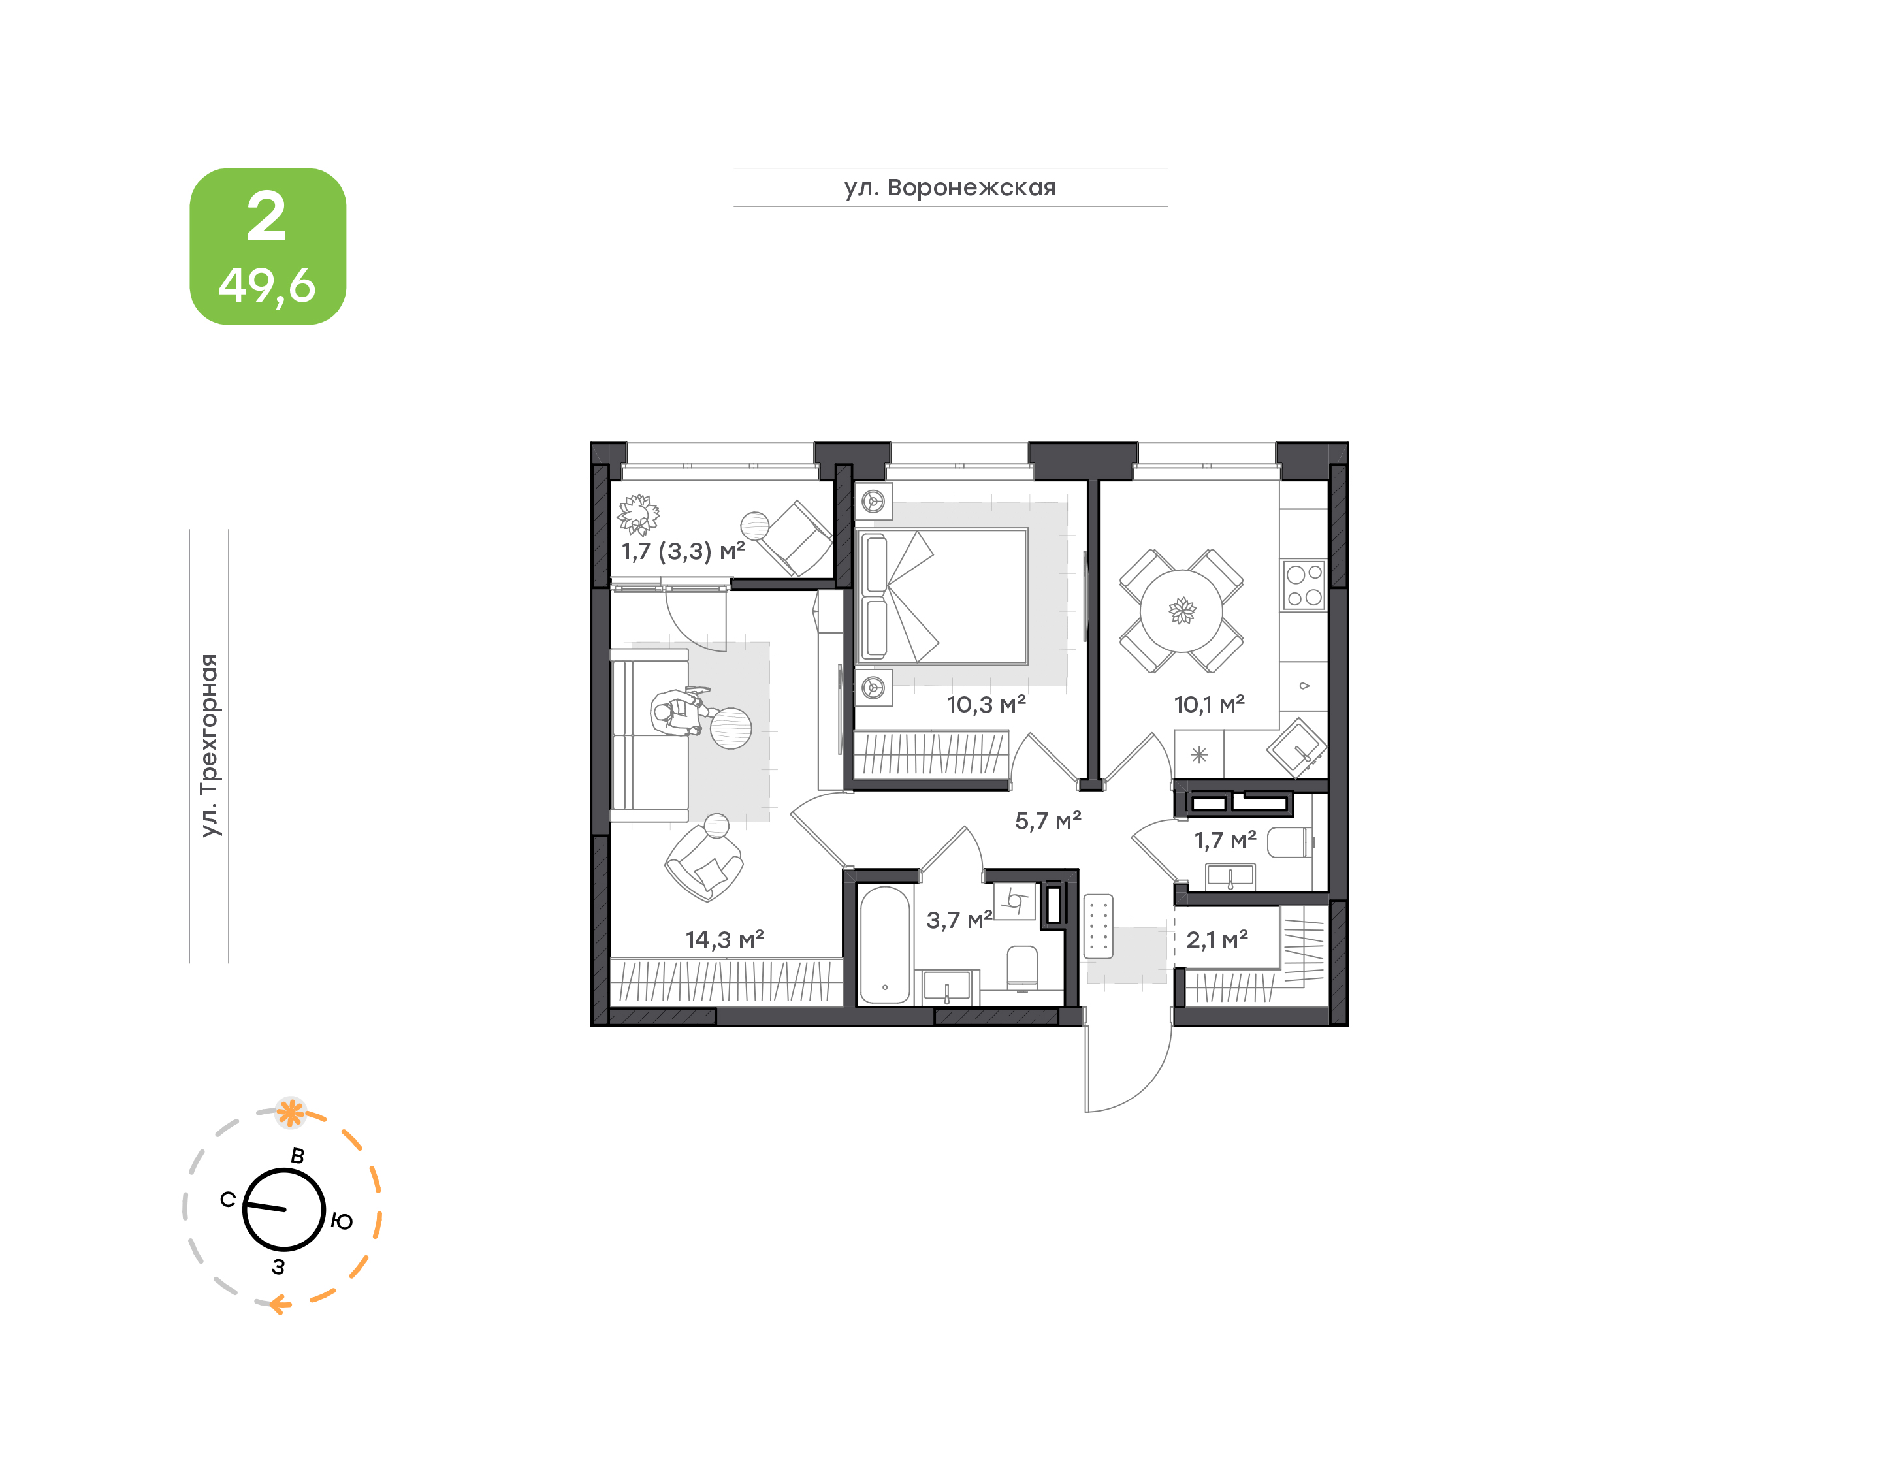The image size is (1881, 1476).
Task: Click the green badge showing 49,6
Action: [268, 246]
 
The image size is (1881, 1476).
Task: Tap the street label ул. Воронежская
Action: [950, 187]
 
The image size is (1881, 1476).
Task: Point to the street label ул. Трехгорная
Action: [209, 745]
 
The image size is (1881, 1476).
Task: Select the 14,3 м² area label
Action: [724, 939]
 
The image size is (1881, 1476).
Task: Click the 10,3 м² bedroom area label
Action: [986, 704]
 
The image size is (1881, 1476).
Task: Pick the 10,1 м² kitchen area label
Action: [1209, 704]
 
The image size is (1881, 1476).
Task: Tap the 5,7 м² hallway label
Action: [1047, 820]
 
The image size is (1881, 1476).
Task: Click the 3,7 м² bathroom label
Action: [959, 920]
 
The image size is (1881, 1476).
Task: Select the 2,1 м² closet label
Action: [1217, 939]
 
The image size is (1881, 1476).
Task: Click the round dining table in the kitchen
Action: [1181, 611]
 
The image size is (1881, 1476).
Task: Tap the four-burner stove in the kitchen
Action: [1304, 585]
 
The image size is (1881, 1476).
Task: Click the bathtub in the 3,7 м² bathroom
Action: [885, 944]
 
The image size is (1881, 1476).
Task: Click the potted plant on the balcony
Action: [637, 515]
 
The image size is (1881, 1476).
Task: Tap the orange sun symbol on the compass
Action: [291, 1113]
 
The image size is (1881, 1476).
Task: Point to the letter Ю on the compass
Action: [342, 1221]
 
